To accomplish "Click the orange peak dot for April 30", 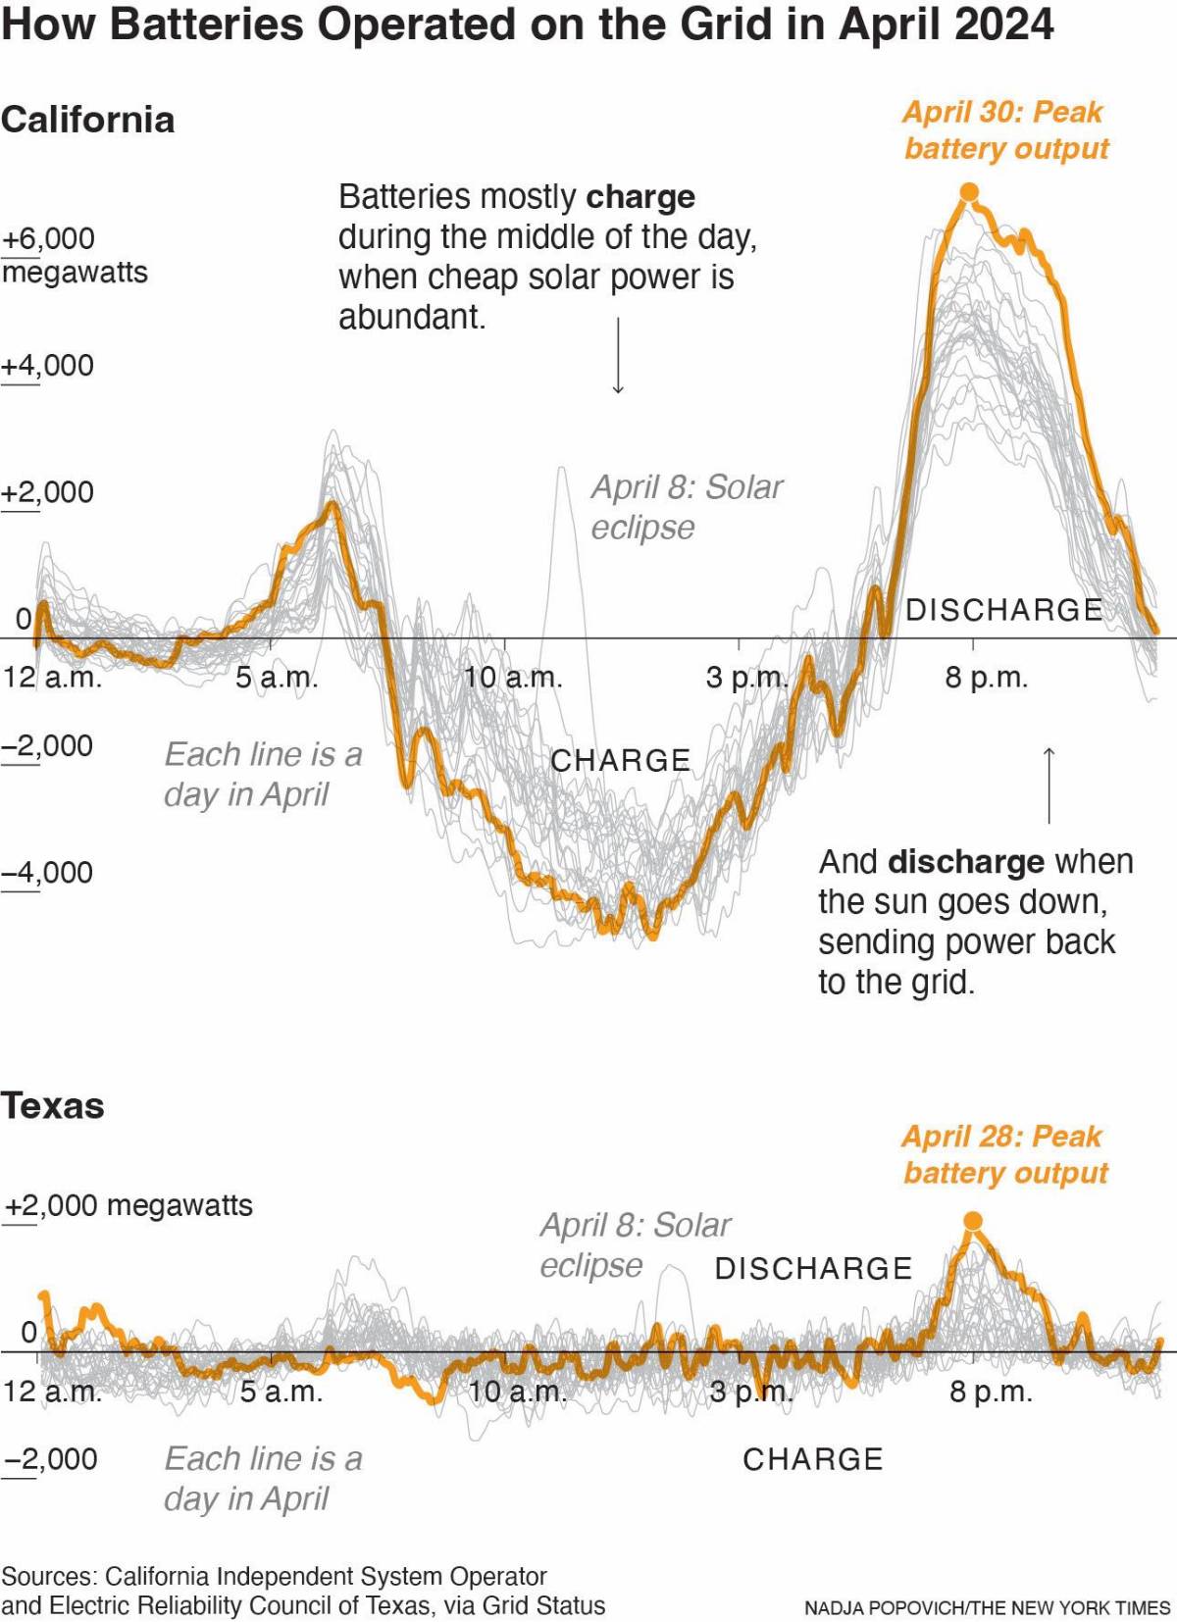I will click(x=969, y=192).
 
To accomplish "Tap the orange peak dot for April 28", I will click(x=973, y=1221).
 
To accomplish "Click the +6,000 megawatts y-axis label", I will click(x=49, y=239).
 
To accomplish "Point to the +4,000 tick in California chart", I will click(x=47, y=366).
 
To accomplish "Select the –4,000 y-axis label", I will click(x=47, y=872).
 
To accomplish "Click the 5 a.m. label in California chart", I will click(x=277, y=678).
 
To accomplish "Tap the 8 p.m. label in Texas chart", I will click(x=991, y=1392).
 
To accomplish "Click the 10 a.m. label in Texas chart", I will click(x=517, y=1392).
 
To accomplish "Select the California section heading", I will click(x=88, y=120).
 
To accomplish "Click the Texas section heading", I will click(x=53, y=1105).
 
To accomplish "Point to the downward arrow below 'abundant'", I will click(x=618, y=355).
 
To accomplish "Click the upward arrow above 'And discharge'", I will click(x=1049, y=785).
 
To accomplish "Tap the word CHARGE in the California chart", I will click(x=621, y=760).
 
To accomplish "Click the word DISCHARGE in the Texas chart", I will click(x=813, y=1268).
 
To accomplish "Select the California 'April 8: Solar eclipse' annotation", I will click(x=686, y=506).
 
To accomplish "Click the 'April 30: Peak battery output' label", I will click(x=1005, y=129).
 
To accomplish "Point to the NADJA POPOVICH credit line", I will click(x=987, y=1608).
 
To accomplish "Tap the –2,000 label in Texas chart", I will click(x=51, y=1458).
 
